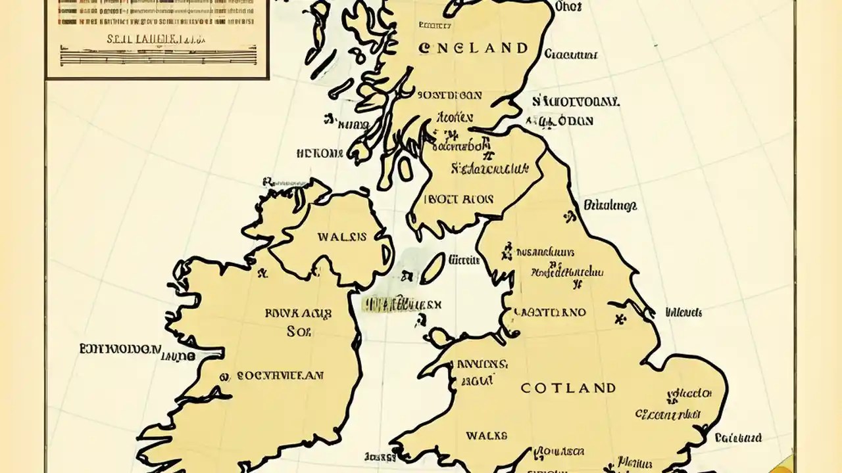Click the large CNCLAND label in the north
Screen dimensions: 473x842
click(x=472, y=48)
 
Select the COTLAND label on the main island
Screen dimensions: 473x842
click(x=568, y=388)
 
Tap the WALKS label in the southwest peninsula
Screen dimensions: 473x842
click(x=486, y=435)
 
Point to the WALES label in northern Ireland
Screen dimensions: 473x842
click(x=342, y=236)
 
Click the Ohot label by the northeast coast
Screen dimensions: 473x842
click(x=568, y=7)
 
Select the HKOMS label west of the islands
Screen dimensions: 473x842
click(x=320, y=153)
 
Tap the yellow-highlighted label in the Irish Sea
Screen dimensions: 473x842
click(x=402, y=304)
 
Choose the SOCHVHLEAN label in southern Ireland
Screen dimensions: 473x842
click(x=280, y=376)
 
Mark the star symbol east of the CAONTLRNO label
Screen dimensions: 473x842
click(x=618, y=319)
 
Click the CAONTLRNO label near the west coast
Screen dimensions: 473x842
click(x=549, y=313)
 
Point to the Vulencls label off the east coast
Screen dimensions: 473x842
click(x=683, y=312)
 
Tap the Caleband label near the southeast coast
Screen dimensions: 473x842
click(x=738, y=438)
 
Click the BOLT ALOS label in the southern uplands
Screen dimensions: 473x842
click(x=460, y=198)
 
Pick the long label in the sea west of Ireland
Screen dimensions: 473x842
click(x=120, y=348)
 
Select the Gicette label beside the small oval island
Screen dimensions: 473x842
click(x=463, y=259)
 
